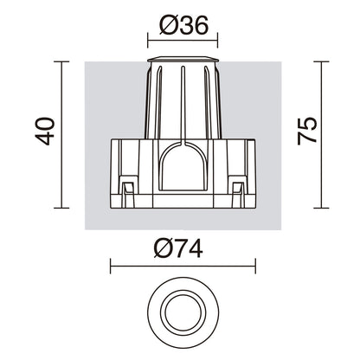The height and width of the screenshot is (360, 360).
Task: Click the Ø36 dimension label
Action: (x=183, y=25)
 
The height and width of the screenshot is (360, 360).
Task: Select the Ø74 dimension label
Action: (x=178, y=249)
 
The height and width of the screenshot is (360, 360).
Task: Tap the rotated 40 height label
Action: (x=45, y=131)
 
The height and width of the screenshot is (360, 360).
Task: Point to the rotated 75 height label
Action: (x=307, y=131)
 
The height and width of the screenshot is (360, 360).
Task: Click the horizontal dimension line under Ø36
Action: (x=183, y=41)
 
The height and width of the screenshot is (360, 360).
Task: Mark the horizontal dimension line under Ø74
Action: (x=183, y=266)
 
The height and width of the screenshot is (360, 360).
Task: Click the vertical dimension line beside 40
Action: (x=61, y=135)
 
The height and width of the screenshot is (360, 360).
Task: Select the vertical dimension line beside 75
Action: (x=321, y=135)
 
